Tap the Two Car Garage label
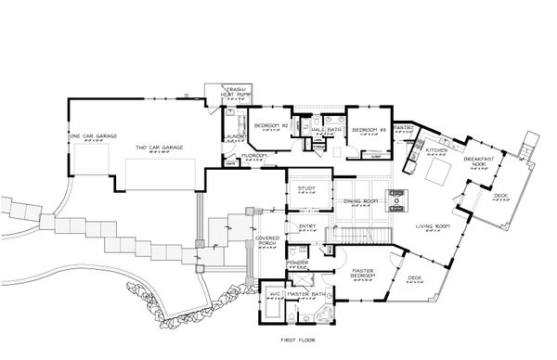pos(160,148)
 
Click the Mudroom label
pos(255,156)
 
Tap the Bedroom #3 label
pos(368,129)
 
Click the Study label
pos(307,189)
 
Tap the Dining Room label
pos(359,201)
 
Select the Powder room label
pos(298,263)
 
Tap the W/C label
pos(275,294)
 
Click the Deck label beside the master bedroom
pos(414,277)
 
